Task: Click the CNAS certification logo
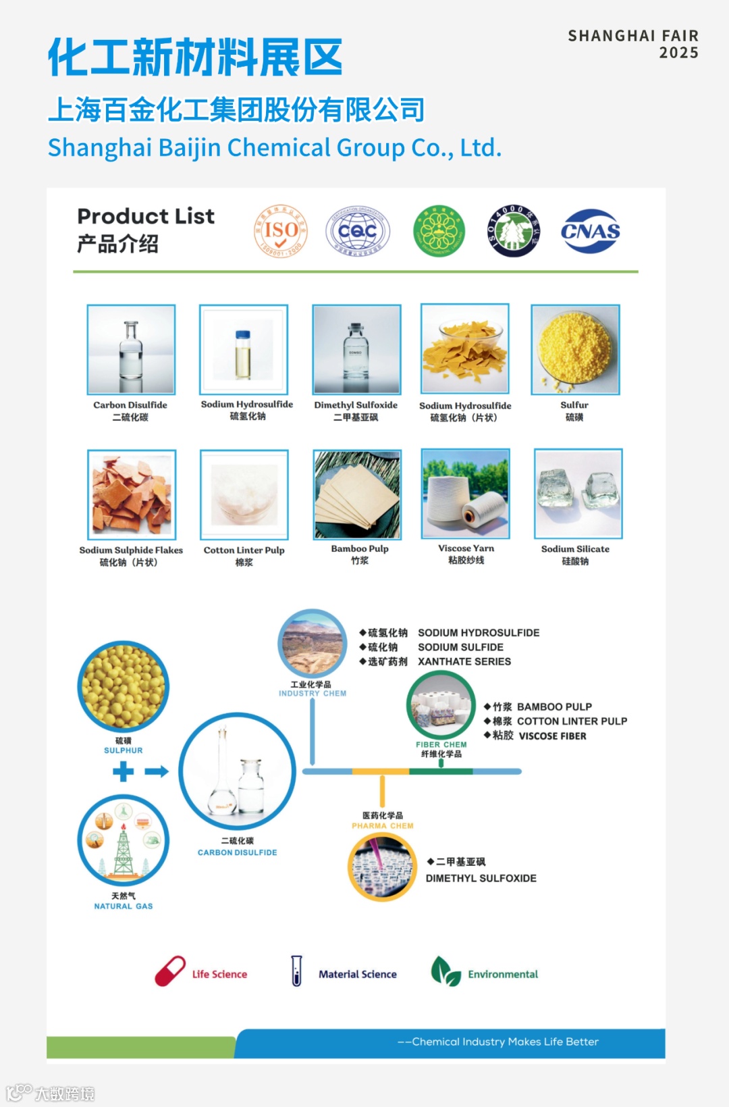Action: coord(590,231)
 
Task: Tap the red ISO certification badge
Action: coord(281,231)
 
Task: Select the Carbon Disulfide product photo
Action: coord(131,350)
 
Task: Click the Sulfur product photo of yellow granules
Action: coord(575,350)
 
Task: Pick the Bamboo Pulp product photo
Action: coord(357,494)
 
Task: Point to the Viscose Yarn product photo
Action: coord(465,494)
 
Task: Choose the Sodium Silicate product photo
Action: coord(578,494)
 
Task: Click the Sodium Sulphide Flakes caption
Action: coord(131,550)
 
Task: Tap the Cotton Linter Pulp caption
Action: coord(244,550)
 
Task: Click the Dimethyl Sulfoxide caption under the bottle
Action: coord(356,405)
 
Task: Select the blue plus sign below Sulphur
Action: coord(123,771)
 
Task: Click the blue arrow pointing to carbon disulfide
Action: coord(157,771)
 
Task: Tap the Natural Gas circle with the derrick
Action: coord(124,840)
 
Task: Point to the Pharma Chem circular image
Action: coord(382,867)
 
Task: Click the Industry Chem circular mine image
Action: coord(313,644)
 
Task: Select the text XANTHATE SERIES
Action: coord(464,662)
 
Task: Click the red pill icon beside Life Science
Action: coord(170,971)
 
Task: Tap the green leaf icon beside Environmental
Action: coord(445,971)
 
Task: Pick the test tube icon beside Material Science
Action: coord(296,971)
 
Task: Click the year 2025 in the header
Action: coord(678,53)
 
